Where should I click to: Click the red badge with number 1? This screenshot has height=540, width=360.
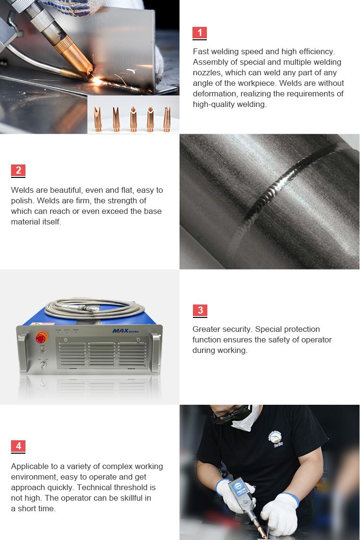coord(200,33)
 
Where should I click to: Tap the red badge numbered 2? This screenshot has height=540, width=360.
coord(18,170)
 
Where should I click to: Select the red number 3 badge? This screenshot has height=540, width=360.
coord(200,310)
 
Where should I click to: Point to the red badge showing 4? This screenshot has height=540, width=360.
coord(18,446)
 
